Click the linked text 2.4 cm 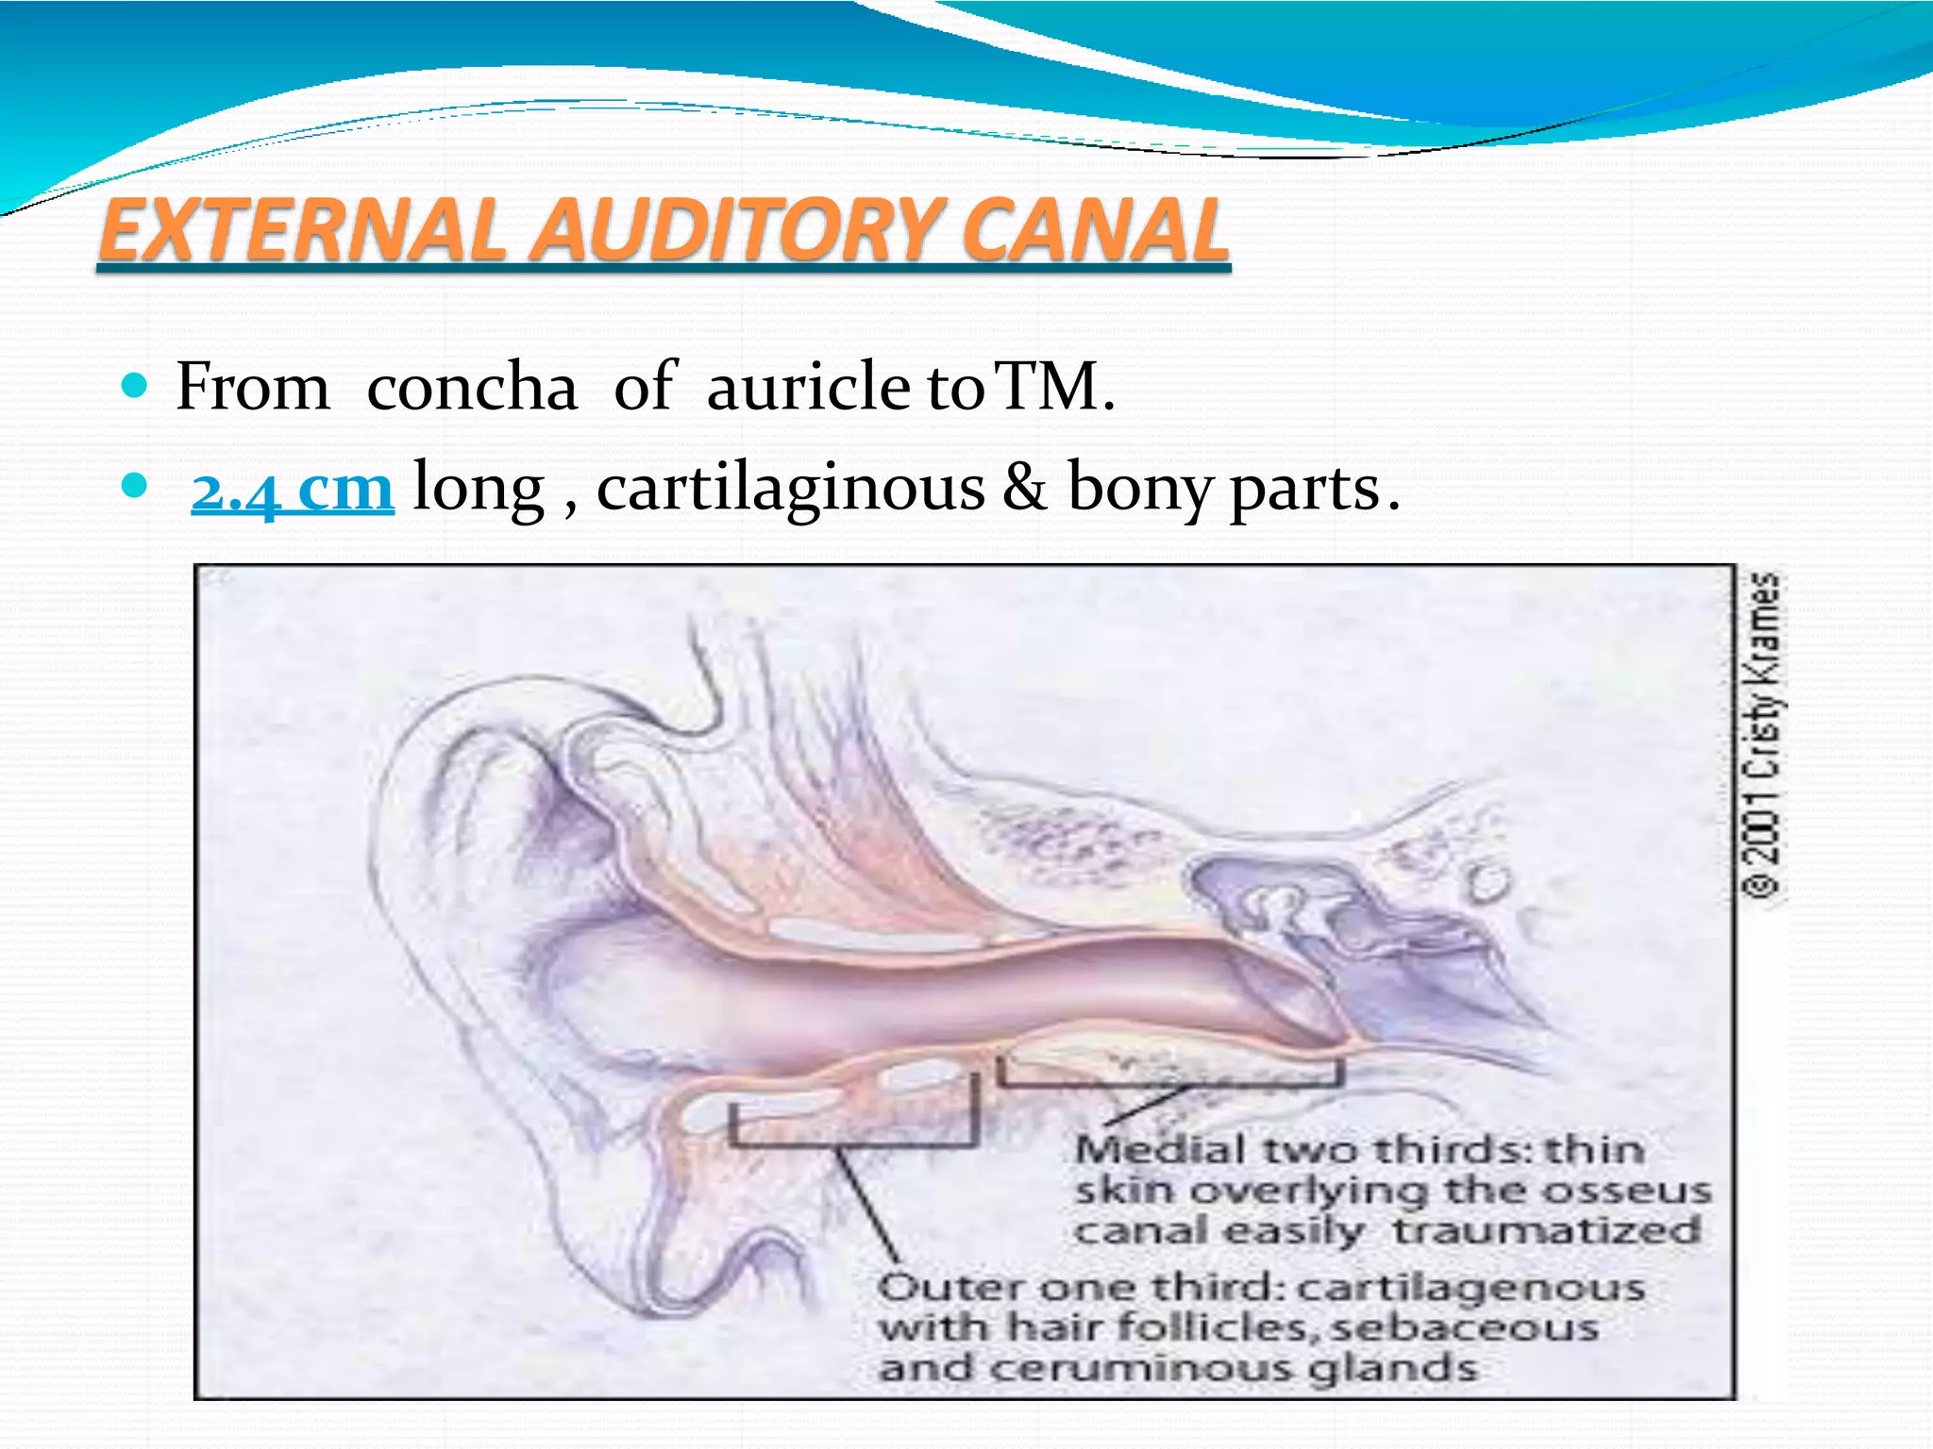(x=292, y=489)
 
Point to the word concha (x=471, y=387)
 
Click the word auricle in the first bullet (x=808, y=387)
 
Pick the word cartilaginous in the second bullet (x=790, y=489)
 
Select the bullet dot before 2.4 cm (x=136, y=486)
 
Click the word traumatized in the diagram (x=1547, y=1230)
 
